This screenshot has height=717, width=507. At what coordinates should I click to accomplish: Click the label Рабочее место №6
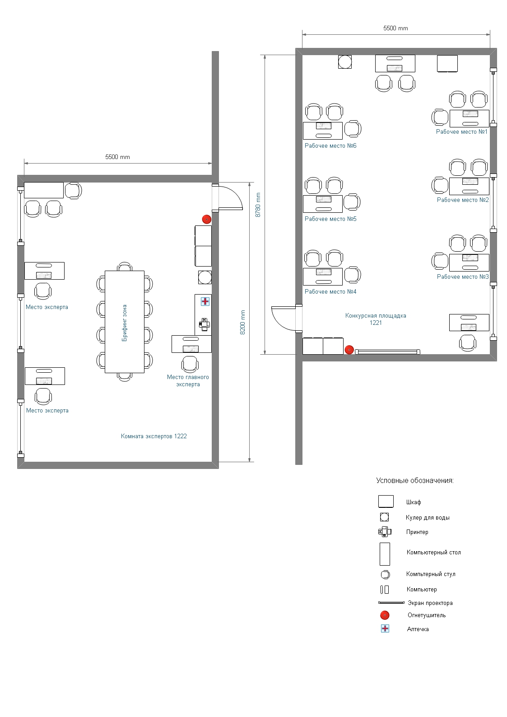point(330,145)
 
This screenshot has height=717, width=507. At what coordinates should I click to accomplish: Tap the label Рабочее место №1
point(461,131)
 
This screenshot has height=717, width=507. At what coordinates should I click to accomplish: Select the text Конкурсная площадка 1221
point(376,319)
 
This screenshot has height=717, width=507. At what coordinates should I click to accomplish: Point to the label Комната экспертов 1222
point(154,436)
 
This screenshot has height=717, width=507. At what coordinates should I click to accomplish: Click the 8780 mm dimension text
point(258,205)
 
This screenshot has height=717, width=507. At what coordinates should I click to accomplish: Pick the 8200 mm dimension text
point(243,322)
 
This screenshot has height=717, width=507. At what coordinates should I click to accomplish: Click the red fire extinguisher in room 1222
point(207,219)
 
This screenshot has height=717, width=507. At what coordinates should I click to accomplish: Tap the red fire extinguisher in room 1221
point(349,350)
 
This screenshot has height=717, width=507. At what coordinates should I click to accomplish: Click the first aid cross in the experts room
point(205,301)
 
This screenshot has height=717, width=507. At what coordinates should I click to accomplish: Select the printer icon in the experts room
point(205,324)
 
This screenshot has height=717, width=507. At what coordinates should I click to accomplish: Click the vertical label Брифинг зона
point(125,323)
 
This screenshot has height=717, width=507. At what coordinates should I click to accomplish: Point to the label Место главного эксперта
point(188,380)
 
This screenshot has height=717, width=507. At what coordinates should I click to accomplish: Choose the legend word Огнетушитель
point(426,615)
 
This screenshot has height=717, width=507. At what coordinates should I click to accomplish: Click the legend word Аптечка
point(418,629)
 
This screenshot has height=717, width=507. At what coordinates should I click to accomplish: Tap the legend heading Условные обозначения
point(415,480)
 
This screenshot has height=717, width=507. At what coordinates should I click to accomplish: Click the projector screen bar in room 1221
point(387,352)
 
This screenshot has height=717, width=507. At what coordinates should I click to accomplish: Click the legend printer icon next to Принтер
point(385,532)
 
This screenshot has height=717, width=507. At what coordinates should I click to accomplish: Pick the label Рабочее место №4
point(330,291)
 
